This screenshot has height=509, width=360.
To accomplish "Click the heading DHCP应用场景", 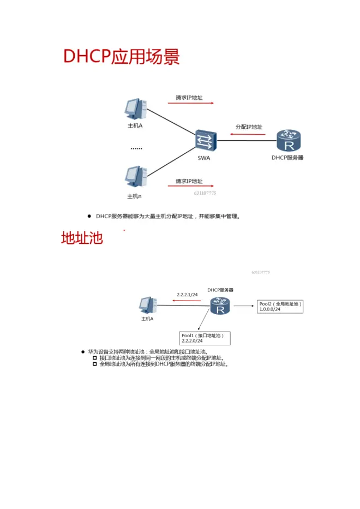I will (122, 57).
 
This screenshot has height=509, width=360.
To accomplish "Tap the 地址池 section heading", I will (82, 238).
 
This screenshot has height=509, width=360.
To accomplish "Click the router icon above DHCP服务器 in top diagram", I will (287, 141).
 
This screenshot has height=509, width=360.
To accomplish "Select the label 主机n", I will (135, 196).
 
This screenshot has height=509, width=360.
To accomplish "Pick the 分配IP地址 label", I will (249, 127).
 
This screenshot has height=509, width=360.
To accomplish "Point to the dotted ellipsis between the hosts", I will (136, 148).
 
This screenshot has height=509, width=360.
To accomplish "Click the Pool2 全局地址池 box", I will (280, 306).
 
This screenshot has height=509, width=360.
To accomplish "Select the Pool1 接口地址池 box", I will (205, 338).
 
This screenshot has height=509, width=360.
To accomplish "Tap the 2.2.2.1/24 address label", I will (187, 295).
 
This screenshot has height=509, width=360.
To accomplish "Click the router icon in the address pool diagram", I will (220, 307).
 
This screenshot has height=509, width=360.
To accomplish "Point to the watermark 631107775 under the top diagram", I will (205, 193).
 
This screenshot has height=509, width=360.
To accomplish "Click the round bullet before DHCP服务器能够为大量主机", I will (89, 216).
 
